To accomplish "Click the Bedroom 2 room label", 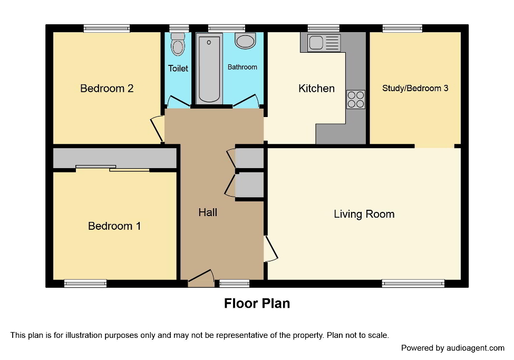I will click(106, 89).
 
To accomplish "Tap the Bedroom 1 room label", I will click(114, 226).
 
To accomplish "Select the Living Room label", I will click(364, 214).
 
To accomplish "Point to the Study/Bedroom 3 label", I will click(415, 88).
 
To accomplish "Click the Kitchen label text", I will click(316, 89).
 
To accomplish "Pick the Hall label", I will click(208, 212).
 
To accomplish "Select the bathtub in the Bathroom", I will click(210, 69).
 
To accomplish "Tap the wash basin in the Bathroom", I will click(245, 41).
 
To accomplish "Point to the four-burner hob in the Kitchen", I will click(356, 99).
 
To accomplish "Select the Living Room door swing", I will click(271, 249).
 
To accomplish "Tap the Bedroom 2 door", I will click(157, 128).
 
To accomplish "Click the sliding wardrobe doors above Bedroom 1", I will click(112, 168).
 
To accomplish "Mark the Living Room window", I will click(413, 284).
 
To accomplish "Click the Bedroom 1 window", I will click(85, 284).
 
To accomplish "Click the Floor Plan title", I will click(257, 304).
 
